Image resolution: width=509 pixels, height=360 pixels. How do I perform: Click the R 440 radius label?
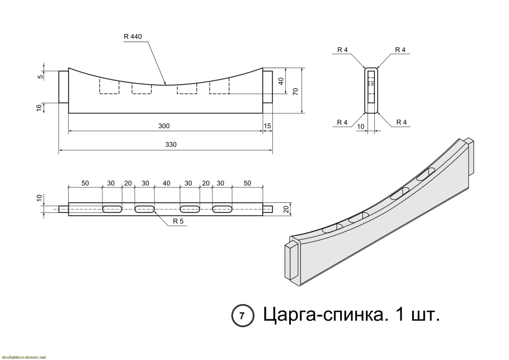133,37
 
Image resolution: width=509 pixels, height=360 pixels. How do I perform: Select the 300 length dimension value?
164,126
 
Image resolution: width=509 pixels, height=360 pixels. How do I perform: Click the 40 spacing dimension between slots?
166,183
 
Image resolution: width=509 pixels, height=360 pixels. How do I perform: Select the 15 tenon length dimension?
267,126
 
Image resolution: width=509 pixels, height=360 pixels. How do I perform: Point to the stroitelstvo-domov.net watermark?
23,356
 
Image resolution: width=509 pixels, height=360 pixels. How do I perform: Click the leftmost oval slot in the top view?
114,210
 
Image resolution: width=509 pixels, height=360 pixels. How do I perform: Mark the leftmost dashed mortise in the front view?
109,86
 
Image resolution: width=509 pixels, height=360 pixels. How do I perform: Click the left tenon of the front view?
63,87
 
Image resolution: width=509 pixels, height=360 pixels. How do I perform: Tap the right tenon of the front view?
268,87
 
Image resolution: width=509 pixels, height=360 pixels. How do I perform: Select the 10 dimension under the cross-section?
361,127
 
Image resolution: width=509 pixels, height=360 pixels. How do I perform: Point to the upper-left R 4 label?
343,50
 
